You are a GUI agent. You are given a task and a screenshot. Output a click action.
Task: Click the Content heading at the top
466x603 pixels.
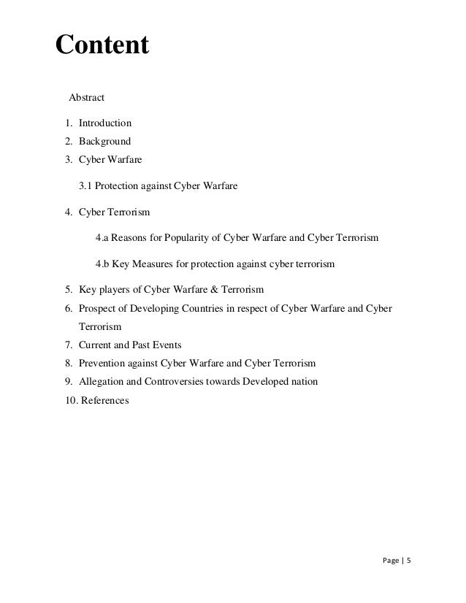[102, 46]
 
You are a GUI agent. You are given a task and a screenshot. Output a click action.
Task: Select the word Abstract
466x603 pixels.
[86, 97]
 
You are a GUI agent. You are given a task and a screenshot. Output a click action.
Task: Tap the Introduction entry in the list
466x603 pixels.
[105, 123]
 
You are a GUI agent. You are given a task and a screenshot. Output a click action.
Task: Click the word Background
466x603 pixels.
[104, 141]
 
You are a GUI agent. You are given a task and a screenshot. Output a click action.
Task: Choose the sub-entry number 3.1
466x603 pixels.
[86, 186]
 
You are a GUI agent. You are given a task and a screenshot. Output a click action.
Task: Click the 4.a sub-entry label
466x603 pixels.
[103, 239]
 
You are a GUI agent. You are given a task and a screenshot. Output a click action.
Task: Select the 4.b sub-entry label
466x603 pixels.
[103, 264]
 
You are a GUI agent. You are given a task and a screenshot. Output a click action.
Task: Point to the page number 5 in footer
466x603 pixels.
[409, 562]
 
